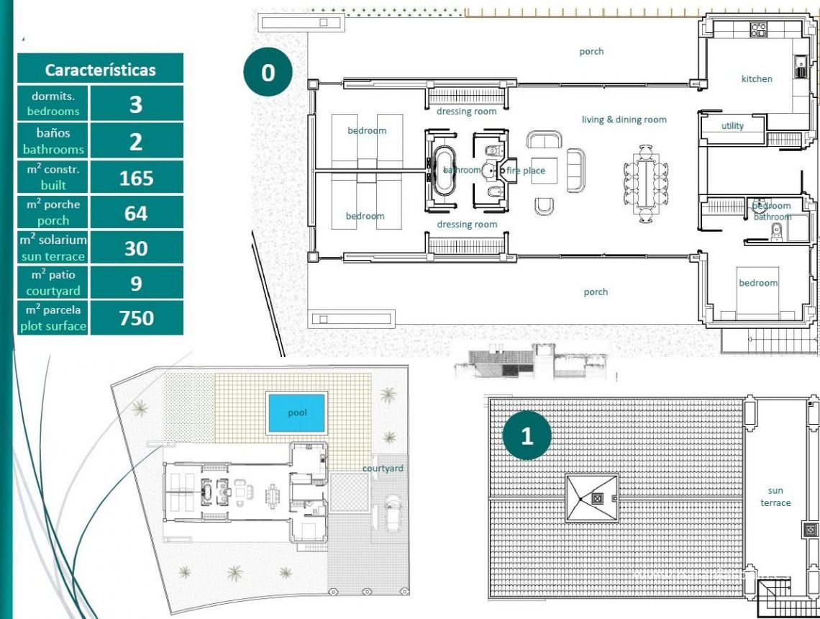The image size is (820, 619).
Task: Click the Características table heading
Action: (x=100, y=70)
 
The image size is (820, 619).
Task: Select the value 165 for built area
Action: (x=136, y=178)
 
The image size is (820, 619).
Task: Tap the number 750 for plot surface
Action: (x=136, y=317)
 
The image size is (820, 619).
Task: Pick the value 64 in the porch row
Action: (x=136, y=213)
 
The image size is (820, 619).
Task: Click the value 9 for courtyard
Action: (x=136, y=283)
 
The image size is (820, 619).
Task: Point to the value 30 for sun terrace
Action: (x=136, y=248)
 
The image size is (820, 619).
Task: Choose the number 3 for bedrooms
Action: (x=136, y=104)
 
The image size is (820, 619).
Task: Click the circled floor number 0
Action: (x=268, y=73)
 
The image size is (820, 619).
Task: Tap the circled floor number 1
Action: (x=527, y=436)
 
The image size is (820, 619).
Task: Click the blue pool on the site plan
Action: (x=297, y=413)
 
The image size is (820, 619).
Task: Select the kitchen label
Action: (x=757, y=78)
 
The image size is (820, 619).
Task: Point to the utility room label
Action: (x=732, y=126)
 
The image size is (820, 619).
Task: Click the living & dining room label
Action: (x=624, y=119)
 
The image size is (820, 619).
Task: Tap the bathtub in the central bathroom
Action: (x=441, y=171)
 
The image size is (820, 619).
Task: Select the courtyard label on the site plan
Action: (x=383, y=469)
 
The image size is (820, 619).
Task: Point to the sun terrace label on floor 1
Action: (x=775, y=497)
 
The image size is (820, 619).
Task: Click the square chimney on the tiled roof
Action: (x=596, y=497)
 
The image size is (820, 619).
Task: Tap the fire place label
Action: (x=526, y=171)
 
